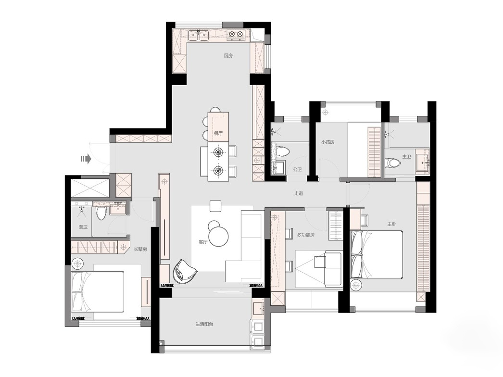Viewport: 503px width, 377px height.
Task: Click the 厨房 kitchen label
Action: pyautogui.click(x=228, y=56)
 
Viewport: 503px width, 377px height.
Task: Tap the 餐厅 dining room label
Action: pyautogui.click(x=218, y=133)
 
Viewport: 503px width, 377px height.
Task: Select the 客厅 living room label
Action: pyautogui.click(x=203, y=242)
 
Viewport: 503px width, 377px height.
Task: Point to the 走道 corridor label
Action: pyautogui.click(x=298, y=193)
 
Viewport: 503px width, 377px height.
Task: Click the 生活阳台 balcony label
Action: pyautogui.click(x=204, y=324)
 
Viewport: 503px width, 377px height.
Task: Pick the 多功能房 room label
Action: pyautogui.click(x=306, y=235)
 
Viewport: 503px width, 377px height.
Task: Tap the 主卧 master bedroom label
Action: pyautogui.click(x=391, y=224)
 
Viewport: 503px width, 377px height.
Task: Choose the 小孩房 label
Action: pyautogui.click(x=328, y=142)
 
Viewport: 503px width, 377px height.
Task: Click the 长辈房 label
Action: pyautogui.click(x=140, y=249)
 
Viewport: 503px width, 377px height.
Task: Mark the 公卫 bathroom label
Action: pyautogui.click(x=297, y=169)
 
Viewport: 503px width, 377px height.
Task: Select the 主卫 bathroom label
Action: pyautogui.click(x=406, y=157)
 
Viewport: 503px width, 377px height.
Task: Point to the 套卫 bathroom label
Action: pyautogui.click(x=83, y=227)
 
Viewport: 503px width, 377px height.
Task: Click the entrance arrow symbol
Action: pyautogui.click(x=86, y=159)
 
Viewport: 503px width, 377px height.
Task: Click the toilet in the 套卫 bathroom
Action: pyautogui.click(x=101, y=213)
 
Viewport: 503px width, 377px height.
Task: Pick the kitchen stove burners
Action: pyautogui.click(x=236, y=34)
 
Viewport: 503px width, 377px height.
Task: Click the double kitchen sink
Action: pyautogui.click(x=199, y=35)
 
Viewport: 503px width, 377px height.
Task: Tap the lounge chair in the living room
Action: pyautogui.click(x=185, y=271)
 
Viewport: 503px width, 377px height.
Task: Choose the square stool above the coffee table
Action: pyautogui.click(x=215, y=206)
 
